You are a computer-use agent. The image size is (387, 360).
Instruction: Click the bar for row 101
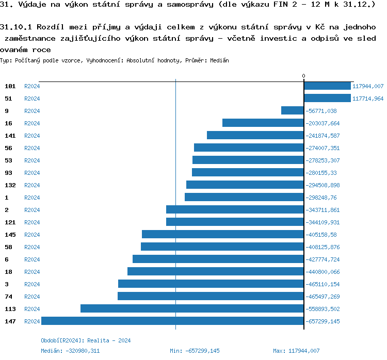pyautogui.click(x=327, y=86)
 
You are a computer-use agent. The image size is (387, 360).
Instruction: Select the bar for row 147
pyautogui.click(x=172, y=321)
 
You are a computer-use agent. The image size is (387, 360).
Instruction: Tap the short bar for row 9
pyautogui.click(x=292, y=111)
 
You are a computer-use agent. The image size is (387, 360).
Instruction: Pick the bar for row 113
pyautogui.click(x=192, y=309)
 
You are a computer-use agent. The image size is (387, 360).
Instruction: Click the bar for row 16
pyautogui.click(x=263, y=123)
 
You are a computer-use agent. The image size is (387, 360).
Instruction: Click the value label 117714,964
pyautogui.click(x=368, y=99)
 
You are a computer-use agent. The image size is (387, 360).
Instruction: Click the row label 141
pyautogui.click(x=10, y=136)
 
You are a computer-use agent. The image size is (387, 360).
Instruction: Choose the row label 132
pyautogui.click(x=10, y=185)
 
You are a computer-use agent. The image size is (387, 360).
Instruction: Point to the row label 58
pyautogui.click(x=8, y=247)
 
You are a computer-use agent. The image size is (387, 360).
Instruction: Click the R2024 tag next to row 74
pyautogui.click(x=32, y=297)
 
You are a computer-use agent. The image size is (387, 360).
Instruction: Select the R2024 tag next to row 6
pyautogui.click(x=32, y=259)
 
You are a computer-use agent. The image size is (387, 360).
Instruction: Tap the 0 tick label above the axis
pyautogui.click(x=303, y=76)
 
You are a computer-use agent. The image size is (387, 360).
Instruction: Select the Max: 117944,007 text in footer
pyautogui.click(x=296, y=351)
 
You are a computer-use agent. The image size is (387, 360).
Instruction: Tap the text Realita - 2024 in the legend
pyautogui.click(x=109, y=340)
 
